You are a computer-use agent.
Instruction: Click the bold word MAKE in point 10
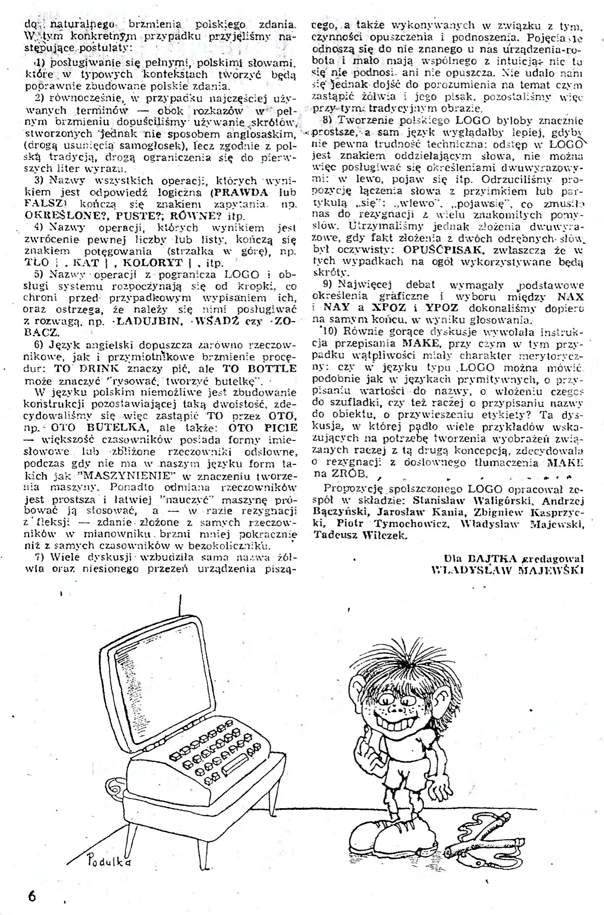(x=421, y=344)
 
